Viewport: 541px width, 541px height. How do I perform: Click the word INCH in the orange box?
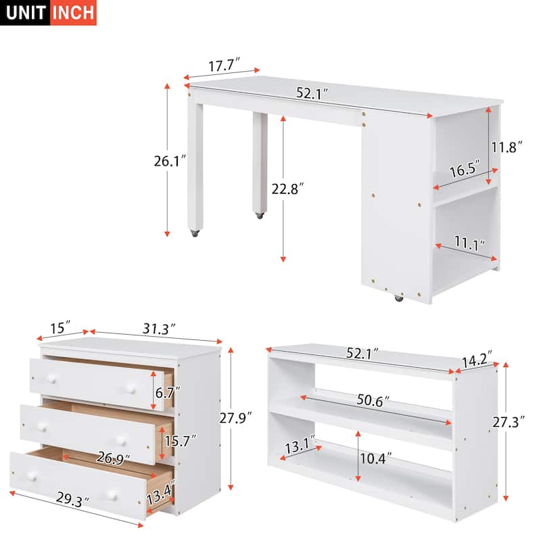74,13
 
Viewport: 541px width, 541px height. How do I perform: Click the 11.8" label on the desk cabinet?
508,147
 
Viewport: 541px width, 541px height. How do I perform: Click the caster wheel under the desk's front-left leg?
194,233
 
